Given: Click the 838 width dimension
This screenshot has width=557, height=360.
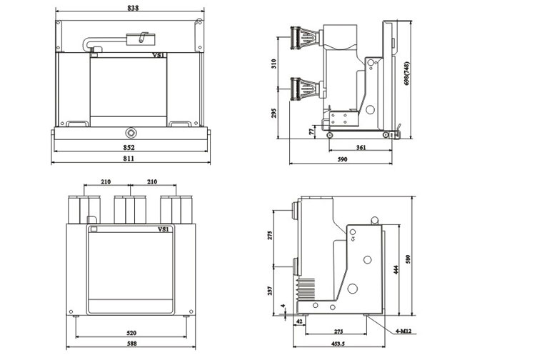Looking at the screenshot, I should tap(132, 9).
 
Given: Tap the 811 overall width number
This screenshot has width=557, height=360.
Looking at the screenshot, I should tap(129, 158).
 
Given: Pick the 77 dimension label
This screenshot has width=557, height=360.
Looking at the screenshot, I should tap(311, 131).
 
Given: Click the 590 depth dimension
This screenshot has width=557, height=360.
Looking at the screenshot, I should tap(342, 159).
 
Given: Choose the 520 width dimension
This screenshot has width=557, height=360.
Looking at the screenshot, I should tap(131, 333).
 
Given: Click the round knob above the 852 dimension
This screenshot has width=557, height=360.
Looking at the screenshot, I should tap(130, 134).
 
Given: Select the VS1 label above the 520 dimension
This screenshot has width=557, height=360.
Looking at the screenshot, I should tap(163, 229).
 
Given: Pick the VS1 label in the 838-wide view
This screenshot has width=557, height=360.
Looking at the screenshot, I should tap(159, 54).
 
